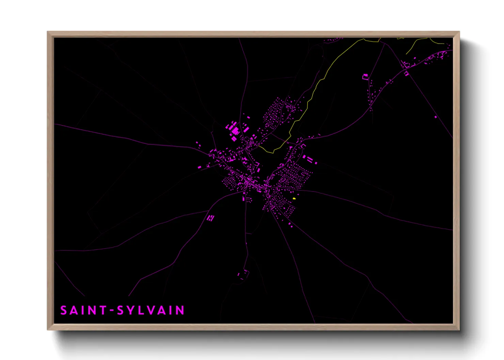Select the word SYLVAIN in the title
[151, 310]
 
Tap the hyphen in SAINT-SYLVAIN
[111, 311]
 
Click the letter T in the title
[103, 310]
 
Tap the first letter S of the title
[64, 310]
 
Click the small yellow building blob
[294, 198]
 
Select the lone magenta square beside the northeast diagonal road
[436, 117]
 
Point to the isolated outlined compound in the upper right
[365, 77]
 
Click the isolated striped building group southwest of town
[211, 217]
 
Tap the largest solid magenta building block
[235, 130]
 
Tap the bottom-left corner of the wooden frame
[48, 329]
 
